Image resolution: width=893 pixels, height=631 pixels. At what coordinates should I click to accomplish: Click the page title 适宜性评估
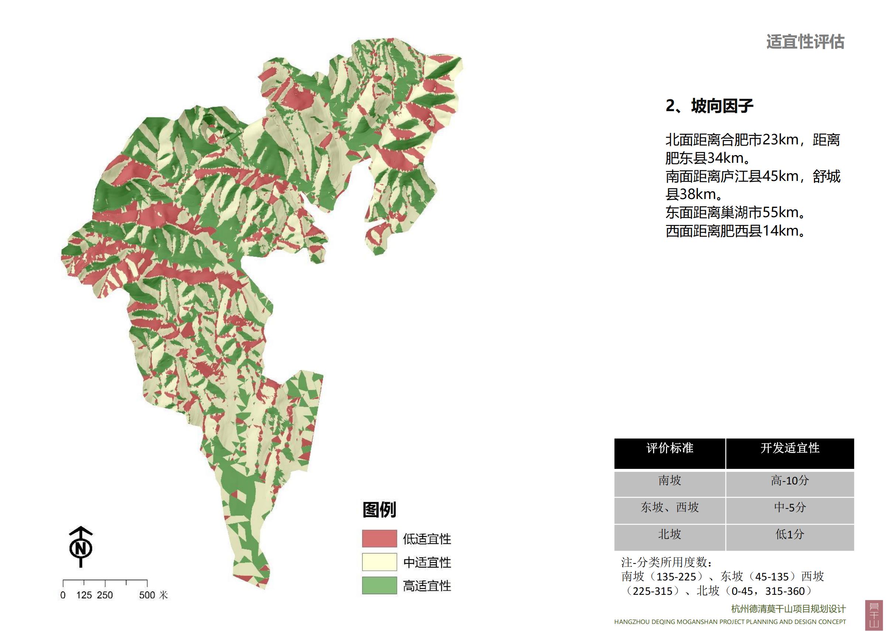(805, 42)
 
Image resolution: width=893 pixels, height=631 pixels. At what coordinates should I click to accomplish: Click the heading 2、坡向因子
(710, 106)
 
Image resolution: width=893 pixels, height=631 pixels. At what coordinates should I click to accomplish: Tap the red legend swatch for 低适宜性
(379, 538)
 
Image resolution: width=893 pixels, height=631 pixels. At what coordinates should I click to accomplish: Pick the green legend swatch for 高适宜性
(379, 585)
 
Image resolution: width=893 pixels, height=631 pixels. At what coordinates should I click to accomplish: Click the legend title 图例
(379, 510)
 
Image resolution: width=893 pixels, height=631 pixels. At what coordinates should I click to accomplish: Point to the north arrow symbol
(80, 546)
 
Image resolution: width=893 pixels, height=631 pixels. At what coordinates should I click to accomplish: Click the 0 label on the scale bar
(63, 595)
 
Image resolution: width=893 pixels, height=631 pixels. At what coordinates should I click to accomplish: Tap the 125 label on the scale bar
(84, 595)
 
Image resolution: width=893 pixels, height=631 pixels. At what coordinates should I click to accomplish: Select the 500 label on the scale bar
(147, 595)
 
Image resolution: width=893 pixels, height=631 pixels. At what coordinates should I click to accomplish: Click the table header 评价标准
(670, 448)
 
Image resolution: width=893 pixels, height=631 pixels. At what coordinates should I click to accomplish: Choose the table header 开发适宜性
(790, 448)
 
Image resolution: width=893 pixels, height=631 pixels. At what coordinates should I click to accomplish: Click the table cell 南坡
(670, 480)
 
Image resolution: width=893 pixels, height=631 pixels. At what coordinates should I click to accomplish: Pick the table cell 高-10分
(790, 480)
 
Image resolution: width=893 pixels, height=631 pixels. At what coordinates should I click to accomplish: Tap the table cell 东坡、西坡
(670, 507)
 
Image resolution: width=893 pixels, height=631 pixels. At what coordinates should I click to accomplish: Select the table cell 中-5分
(790, 507)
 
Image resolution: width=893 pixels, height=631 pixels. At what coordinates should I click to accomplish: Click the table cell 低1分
(790, 534)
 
